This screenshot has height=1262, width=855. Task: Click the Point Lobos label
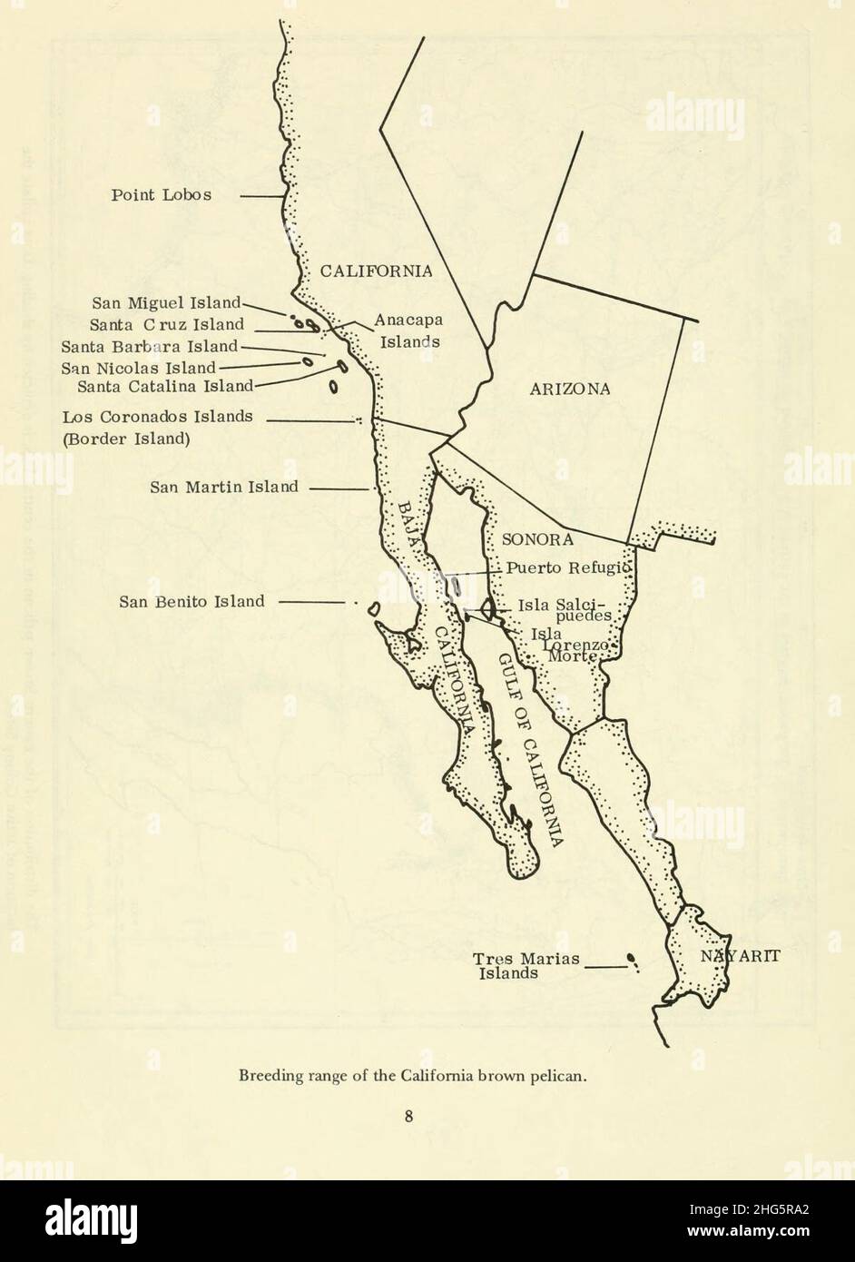tap(161, 195)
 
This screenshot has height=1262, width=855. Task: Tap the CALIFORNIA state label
tap(376, 271)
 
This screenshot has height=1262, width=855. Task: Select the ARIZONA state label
tap(569, 389)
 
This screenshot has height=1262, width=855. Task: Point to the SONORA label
tap(538, 539)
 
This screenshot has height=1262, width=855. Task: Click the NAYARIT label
tap(740, 956)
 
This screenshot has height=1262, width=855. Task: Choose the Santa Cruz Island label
tap(167, 324)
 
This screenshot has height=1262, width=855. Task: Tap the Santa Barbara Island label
tap(150, 346)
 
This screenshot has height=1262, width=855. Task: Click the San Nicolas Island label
tap(139, 368)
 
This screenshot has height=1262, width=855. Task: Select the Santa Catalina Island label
tap(165, 386)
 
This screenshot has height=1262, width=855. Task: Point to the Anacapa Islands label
tap(408, 330)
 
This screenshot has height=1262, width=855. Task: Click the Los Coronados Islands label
tap(158, 418)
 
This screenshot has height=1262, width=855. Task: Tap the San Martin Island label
tap(224, 487)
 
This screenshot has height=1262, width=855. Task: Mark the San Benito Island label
tap(192, 601)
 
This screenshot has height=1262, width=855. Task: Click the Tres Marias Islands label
tap(526, 965)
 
